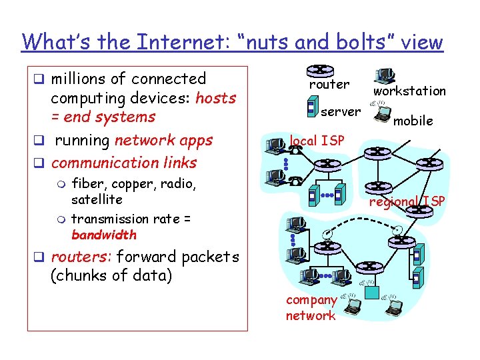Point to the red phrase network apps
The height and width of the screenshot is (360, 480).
click(163, 141)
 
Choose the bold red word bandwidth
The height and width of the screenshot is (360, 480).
click(103, 235)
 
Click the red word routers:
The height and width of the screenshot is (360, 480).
click(75, 257)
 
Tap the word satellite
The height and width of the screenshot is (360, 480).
click(97, 199)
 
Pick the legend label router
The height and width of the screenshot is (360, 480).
click(329, 85)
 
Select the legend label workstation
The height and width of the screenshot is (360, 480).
click(409, 91)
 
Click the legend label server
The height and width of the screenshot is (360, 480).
click(340, 111)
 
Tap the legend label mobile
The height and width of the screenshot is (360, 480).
click(413, 121)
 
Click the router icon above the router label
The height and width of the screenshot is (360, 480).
click(321, 70)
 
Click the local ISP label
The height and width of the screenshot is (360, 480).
click(317, 141)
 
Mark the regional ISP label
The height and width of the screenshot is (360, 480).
click(407, 202)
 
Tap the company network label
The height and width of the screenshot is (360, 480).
click(311, 308)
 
